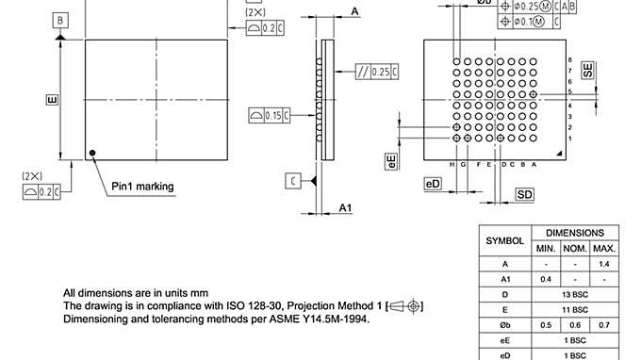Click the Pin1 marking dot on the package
(92, 152)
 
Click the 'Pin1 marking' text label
(142, 186)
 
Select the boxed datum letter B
(60, 20)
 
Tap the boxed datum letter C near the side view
(294, 180)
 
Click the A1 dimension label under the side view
(346, 207)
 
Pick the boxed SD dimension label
(525, 194)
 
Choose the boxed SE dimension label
(587, 72)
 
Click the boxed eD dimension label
(433, 184)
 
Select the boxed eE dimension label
(391, 160)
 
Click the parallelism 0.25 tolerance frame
(374, 72)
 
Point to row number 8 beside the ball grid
(569, 59)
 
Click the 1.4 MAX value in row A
(603, 264)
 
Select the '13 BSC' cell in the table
(575, 295)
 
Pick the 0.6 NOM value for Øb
(574, 325)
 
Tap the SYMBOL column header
(504, 240)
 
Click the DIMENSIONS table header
(575, 232)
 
